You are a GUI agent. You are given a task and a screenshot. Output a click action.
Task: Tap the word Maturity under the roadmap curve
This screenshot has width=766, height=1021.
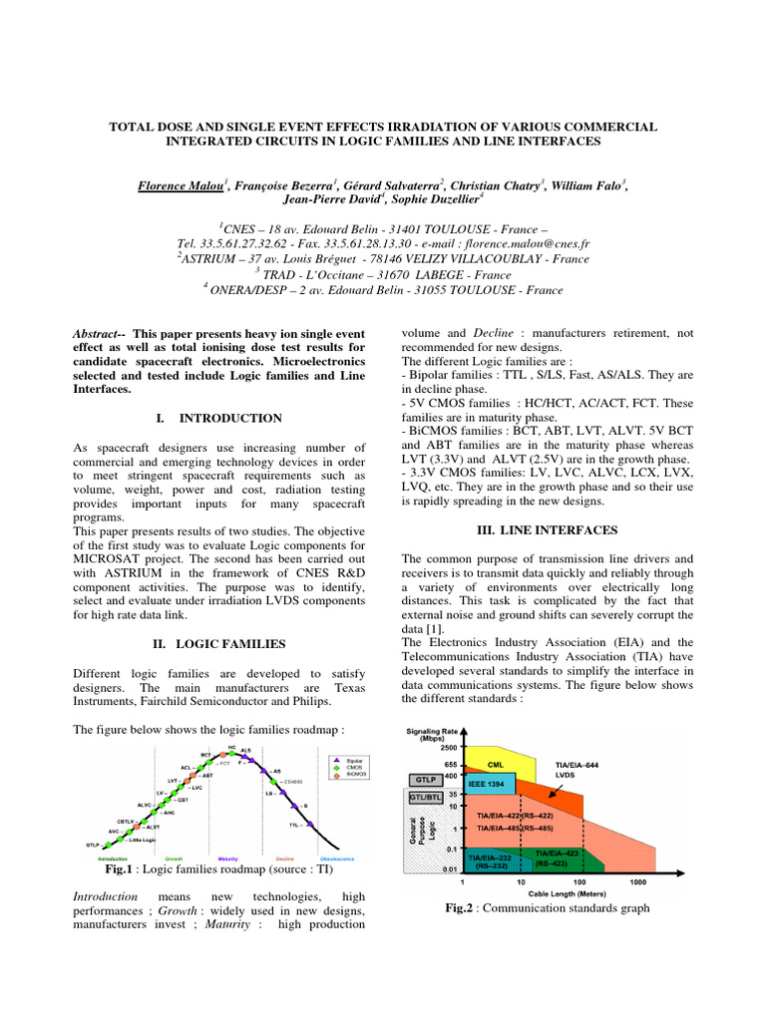[227, 858]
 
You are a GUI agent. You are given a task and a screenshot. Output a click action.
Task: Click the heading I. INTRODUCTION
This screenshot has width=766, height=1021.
[220, 418]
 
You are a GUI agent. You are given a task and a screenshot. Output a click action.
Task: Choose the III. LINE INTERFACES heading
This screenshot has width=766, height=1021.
[546, 529]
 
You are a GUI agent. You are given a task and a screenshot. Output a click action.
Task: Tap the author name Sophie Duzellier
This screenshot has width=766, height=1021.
[433, 198]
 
